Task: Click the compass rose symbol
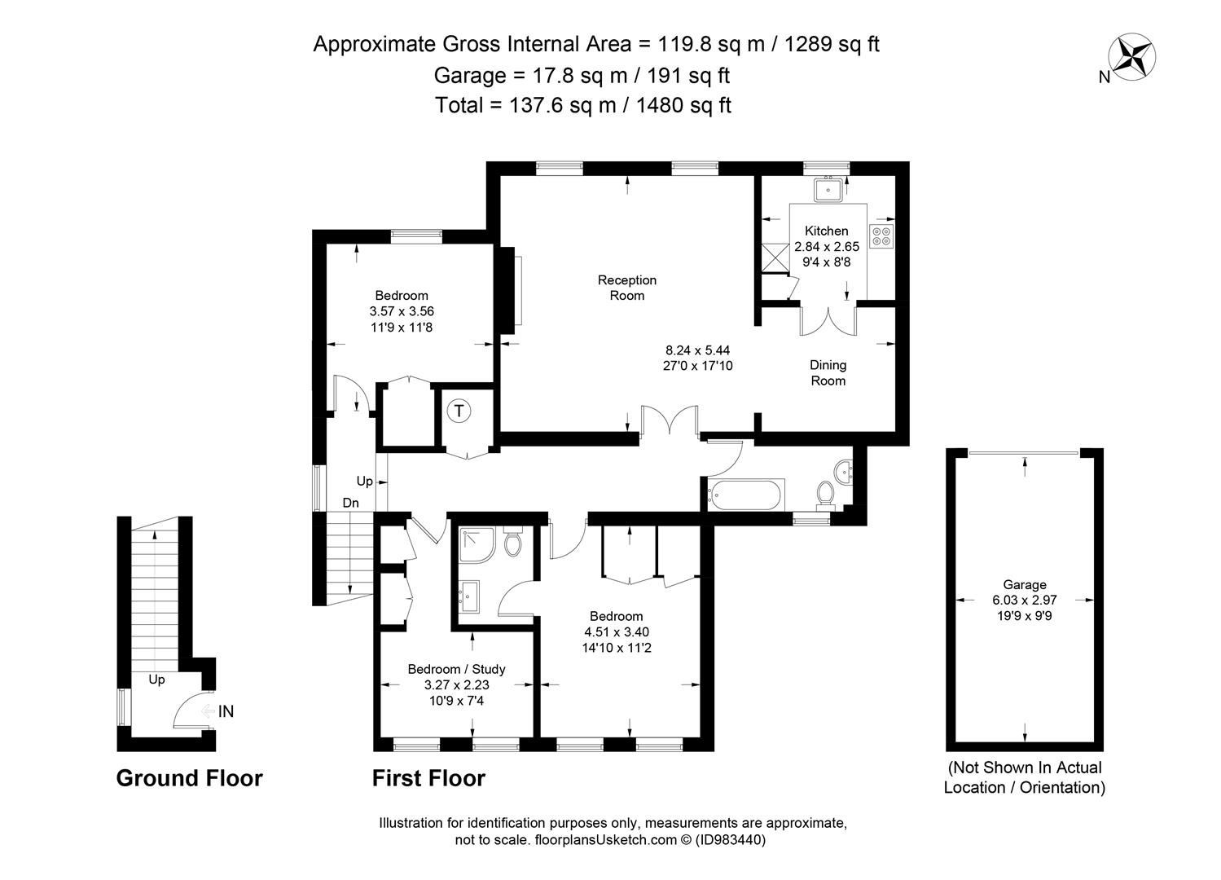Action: click(1131, 57)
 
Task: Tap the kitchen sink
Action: click(828, 190)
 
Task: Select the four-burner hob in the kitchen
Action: click(881, 235)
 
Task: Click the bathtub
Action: click(745, 495)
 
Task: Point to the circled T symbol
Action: click(459, 411)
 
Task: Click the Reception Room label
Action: click(627, 288)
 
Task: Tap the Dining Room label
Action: click(828, 372)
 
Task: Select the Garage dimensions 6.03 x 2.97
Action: click(1024, 600)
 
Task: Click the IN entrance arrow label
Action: click(226, 711)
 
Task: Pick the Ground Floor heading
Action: click(189, 778)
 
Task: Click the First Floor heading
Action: click(428, 778)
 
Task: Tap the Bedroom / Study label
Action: click(456, 669)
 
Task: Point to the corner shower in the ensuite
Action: click(477, 544)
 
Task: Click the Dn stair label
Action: click(350, 503)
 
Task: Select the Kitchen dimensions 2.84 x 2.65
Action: click(827, 246)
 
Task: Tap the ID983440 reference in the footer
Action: click(731, 839)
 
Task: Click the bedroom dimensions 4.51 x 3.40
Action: click(617, 632)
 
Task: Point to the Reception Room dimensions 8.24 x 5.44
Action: click(698, 350)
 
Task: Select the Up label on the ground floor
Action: click(156, 680)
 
